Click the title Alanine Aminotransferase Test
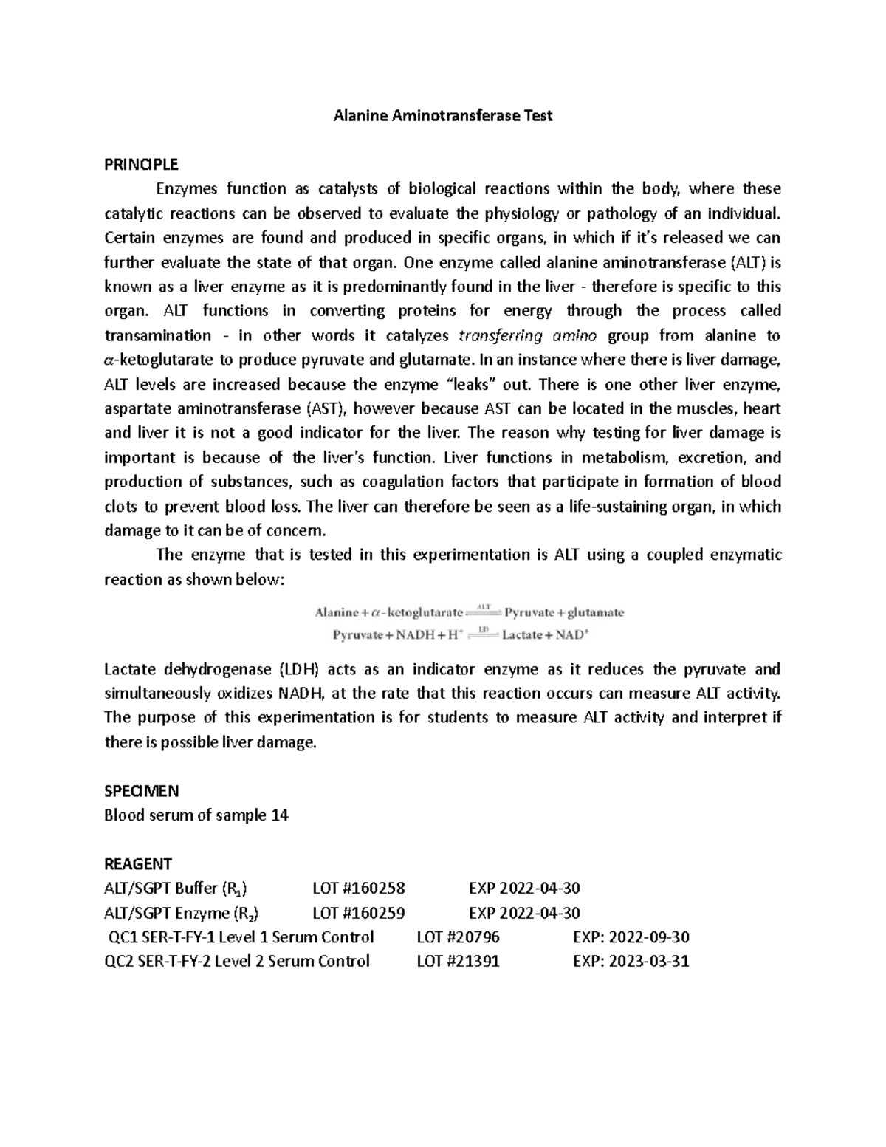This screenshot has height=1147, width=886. pyautogui.click(x=443, y=116)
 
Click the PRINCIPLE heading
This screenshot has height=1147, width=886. pyautogui.click(x=141, y=164)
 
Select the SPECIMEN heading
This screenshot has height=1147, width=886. pyautogui.click(x=142, y=791)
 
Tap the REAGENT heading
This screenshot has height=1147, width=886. pyautogui.click(x=138, y=863)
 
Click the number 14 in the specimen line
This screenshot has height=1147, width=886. pyautogui.click(x=280, y=815)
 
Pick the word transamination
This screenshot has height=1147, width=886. pyautogui.click(x=157, y=336)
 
